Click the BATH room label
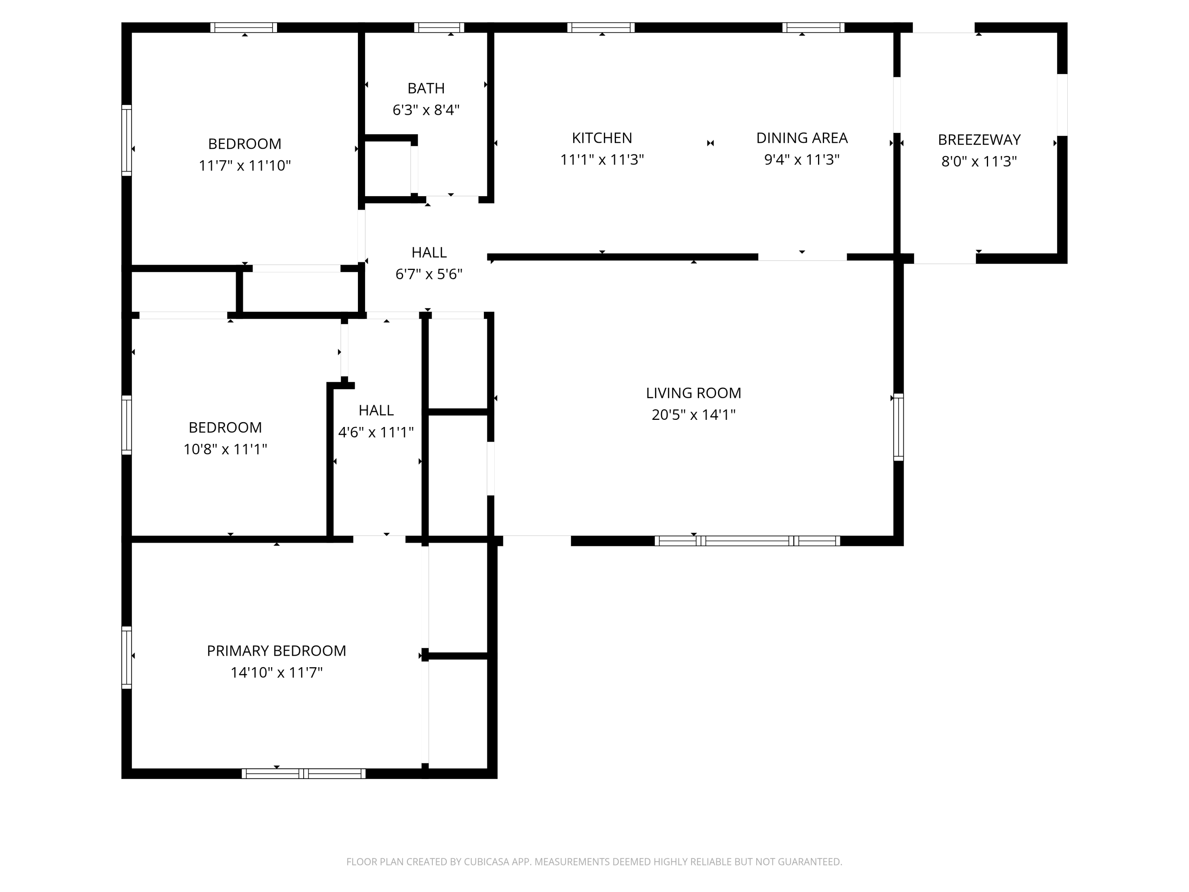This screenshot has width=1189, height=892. [x=426, y=88]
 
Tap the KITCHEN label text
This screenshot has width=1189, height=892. [x=602, y=138]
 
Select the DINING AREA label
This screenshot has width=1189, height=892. [x=802, y=138]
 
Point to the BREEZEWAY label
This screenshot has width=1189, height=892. [x=979, y=140]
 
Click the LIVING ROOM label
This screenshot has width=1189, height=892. [x=694, y=393]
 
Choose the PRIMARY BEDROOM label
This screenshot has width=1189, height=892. [x=276, y=651]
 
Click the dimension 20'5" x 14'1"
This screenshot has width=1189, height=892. [x=694, y=415]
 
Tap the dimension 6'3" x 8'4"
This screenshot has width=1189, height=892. [x=426, y=110]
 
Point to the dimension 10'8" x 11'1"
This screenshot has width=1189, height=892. [x=225, y=449]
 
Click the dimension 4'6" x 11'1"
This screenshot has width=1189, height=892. [x=376, y=432]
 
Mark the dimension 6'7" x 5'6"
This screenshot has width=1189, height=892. [x=429, y=274]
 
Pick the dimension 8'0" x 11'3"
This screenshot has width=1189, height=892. [x=979, y=161]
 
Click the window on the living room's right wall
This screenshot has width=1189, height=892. [x=898, y=427]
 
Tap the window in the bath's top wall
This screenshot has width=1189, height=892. [x=439, y=27]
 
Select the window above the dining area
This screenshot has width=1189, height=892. [x=813, y=27]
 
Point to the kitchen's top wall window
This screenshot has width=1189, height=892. [x=601, y=27]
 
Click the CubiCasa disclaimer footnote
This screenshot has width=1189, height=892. [x=594, y=862]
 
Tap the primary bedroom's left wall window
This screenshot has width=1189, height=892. [x=126, y=657]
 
